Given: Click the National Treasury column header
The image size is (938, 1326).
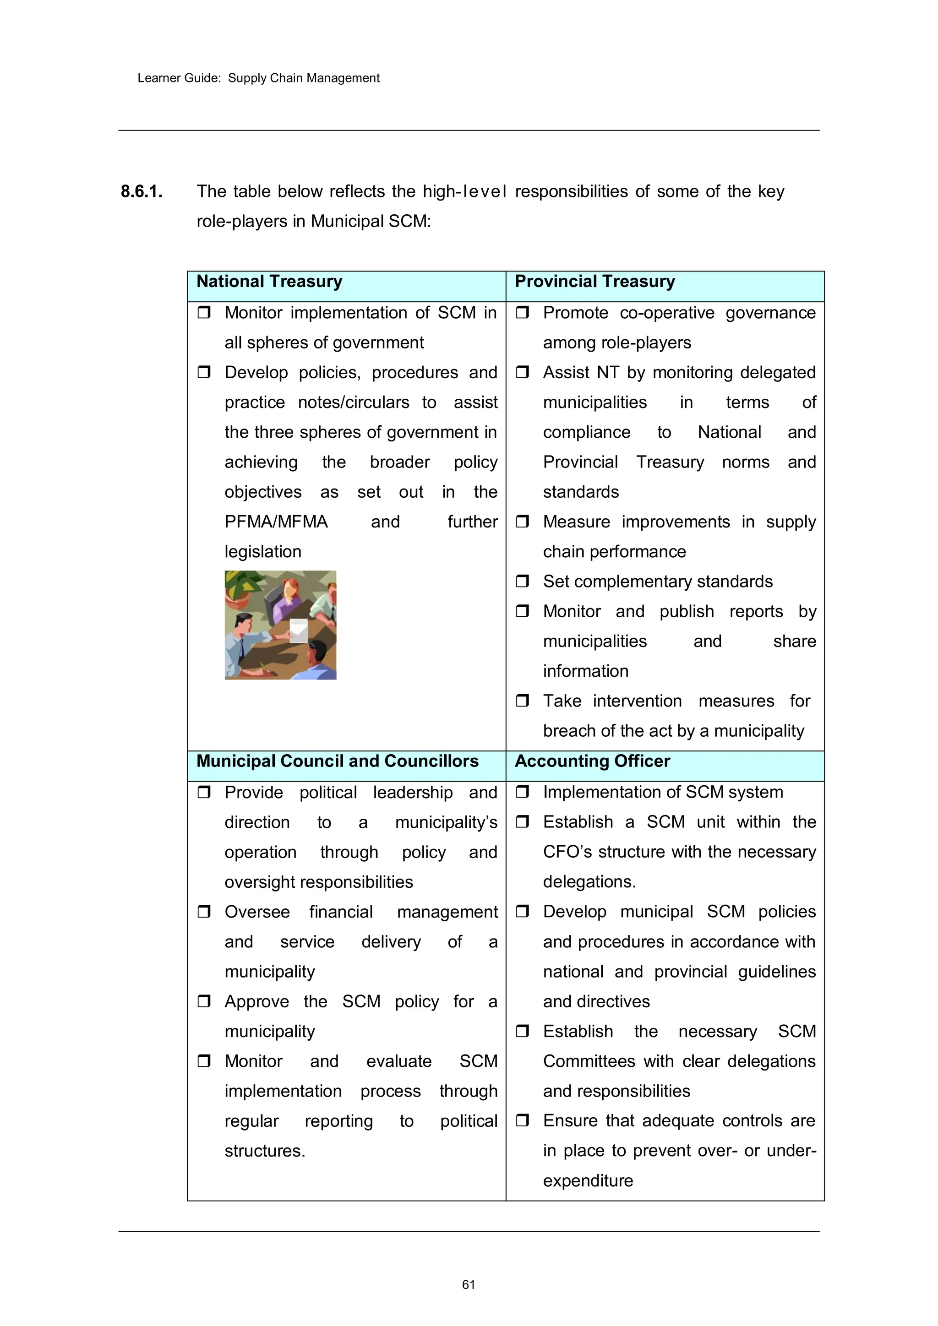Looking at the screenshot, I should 269,282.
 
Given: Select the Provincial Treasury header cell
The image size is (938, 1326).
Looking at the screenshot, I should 594,282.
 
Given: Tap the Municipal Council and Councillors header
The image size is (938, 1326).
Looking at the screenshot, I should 337,761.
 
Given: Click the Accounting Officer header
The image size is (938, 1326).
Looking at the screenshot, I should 592,761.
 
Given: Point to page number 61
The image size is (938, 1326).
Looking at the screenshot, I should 469,1284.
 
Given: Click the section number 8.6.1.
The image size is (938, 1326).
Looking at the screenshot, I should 142,191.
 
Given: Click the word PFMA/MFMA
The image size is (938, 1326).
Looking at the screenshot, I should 276,522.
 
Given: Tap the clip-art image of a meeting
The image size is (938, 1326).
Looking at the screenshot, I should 280,625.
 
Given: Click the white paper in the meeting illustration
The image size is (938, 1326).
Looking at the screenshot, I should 299,630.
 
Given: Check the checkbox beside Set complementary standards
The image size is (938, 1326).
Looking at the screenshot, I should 522,581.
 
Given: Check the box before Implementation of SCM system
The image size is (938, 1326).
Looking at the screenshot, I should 522,792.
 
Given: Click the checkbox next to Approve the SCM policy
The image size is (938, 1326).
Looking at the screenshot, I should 204,1001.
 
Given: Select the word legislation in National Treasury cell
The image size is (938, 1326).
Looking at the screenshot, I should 263,552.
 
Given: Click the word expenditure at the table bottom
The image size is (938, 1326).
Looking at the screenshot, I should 588,1180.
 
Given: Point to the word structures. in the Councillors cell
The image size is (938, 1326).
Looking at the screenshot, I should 265,1151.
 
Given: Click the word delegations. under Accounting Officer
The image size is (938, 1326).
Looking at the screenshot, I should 589,882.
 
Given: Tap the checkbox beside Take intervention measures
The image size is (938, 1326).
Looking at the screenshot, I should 522,701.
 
